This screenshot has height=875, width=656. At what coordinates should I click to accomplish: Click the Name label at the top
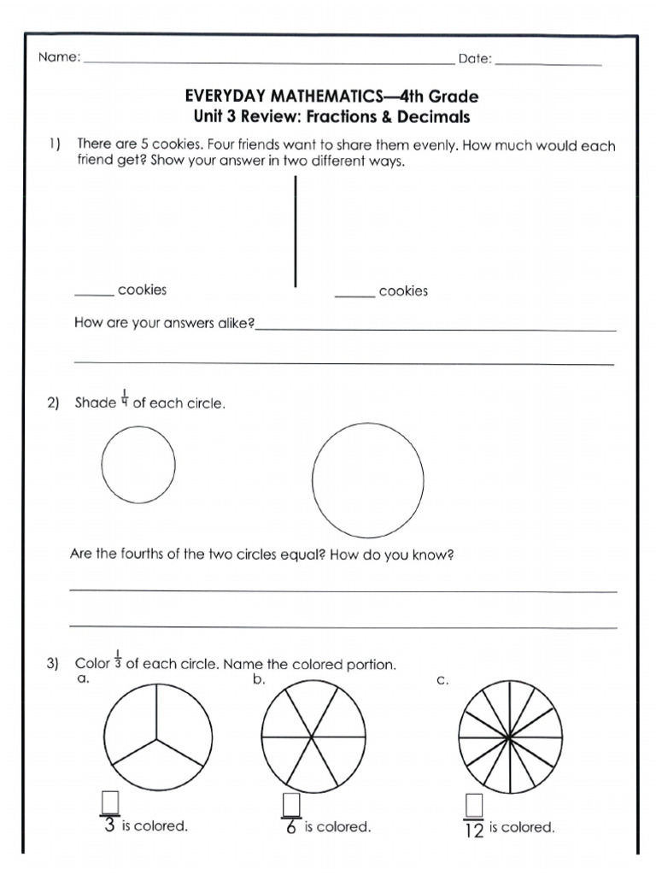(x=57, y=58)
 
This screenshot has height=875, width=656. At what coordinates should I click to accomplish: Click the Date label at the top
(x=474, y=58)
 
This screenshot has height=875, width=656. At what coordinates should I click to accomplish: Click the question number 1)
(x=54, y=145)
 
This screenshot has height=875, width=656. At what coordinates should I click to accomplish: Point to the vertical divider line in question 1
(x=296, y=231)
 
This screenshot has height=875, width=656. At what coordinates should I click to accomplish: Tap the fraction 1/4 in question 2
(x=125, y=397)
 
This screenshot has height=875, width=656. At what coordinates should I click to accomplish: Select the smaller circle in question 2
(x=138, y=465)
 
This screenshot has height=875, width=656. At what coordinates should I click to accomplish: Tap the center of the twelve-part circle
(x=509, y=737)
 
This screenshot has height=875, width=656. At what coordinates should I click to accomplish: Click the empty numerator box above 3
(x=109, y=803)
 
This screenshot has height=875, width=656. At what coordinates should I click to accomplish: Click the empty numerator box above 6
(x=291, y=804)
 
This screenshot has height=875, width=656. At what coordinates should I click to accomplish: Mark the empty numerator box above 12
(x=474, y=805)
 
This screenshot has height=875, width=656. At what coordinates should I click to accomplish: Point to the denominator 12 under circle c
(x=474, y=829)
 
